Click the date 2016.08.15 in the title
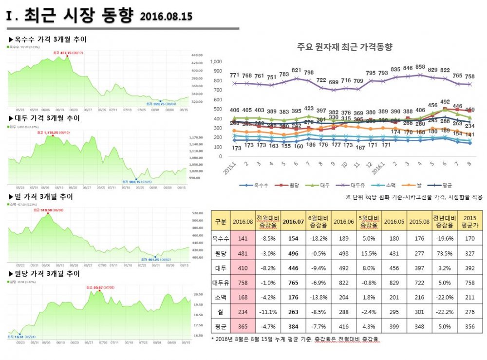[x=166, y=17]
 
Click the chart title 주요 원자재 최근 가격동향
[x=344, y=47]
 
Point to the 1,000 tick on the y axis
[x=216, y=62]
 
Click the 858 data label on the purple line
[x=420, y=67]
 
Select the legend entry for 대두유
[x=356, y=185]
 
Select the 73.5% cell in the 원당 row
[x=444, y=253]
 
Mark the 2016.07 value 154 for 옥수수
[x=293, y=239]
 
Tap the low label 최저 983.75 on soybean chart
[x=145, y=182]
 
